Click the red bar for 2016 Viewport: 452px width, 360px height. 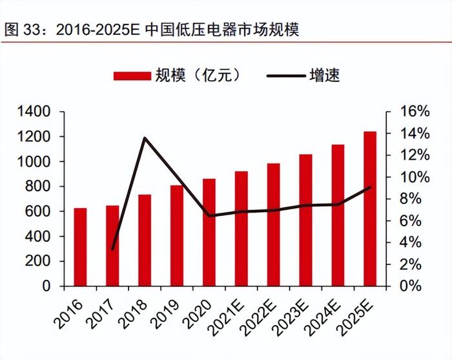pyautogui.click(x=80, y=247)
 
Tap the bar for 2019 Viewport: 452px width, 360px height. pyautogui.click(x=177, y=235)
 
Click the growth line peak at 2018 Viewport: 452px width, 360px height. pyautogui.click(x=145, y=138)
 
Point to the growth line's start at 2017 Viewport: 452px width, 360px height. pyautogui.click(x=112, y=249)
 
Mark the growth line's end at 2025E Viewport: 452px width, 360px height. pyautogui.click(x=370, y=187)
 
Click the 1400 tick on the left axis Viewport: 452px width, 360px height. pyautogui.click(x=34, y=112)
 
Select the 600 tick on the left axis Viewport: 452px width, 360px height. pyautogui.click(x=38, y=211)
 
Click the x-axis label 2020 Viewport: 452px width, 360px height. pyautogui.click(x=200, y=309)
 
